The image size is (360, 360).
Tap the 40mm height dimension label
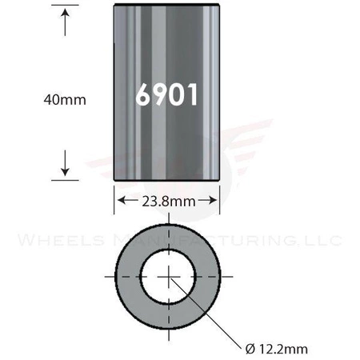(63, 99)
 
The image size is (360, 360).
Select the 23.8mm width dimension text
(168, 202)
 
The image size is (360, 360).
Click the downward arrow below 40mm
(63, 166)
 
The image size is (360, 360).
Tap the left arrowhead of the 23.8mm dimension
(122, 202)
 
